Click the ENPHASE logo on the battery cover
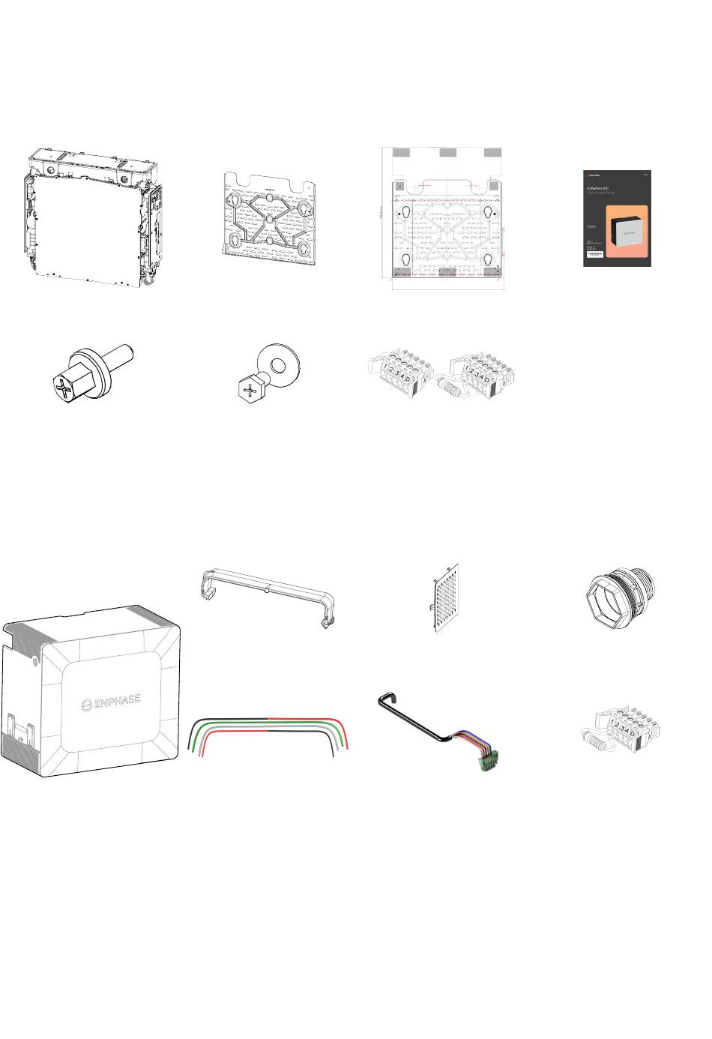click(x=111, y=703)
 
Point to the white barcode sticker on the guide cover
click(x=594, y=256)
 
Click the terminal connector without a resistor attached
click(x=398, y=370)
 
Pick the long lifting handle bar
click(x=265, y=595)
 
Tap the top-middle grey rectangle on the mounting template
click(x=447, y=153)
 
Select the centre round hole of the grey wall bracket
click(x=269, y=219)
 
